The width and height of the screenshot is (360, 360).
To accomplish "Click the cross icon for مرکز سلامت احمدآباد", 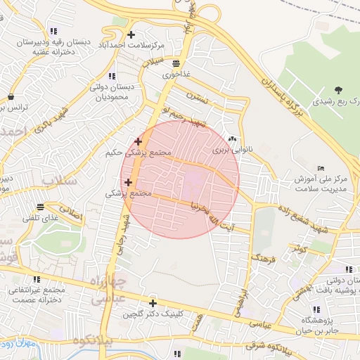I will pyautogui.click(x=131, y=34).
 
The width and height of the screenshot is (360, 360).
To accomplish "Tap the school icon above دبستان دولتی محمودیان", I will pyautogui.click(x=111, y=76).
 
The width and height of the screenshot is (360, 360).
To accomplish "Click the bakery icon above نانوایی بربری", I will pyautogui.click(x=232, y=139).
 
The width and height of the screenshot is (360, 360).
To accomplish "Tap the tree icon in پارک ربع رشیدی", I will pyautogui.click(x=338, y=90).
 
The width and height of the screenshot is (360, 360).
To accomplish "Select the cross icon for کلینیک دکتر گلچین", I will pyautogui.click(x=153, y=303).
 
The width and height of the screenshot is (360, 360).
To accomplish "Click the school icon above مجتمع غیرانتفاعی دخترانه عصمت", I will pyautogui.click(x=37, y=279).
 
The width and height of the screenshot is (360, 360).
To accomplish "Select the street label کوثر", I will pyautogui.click(x=301, y=249).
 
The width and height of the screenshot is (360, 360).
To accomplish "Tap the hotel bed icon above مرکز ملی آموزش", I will pyautogui.click(x=321, y=168).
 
